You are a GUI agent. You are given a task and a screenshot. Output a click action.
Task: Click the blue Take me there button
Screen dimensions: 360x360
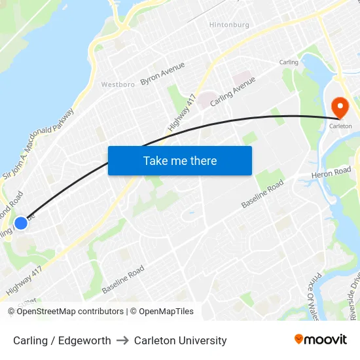tap(180, 160)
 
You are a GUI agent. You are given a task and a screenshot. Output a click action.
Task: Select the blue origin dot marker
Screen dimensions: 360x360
tap(21, 223)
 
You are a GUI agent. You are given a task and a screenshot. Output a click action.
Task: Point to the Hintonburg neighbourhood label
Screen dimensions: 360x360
tap(229, 25)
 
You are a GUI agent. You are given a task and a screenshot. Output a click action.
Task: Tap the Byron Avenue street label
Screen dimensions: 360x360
tap(162, 73)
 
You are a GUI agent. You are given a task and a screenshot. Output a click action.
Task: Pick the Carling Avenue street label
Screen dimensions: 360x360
tap(232, 92)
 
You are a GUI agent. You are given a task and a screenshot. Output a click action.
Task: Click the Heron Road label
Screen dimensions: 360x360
tap(332, 173)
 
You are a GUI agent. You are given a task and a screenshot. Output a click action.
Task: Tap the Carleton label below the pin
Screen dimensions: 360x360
tap(340, 126)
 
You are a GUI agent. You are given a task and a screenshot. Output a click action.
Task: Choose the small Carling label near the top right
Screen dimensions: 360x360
tap(289, 62)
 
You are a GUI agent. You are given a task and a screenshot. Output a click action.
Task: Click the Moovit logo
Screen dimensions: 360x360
tap(321, 339)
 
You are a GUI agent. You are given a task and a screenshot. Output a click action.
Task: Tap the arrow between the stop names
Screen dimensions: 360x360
tap(122, 340)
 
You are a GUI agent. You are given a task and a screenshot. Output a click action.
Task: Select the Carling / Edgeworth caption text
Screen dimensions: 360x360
tap(62, 340)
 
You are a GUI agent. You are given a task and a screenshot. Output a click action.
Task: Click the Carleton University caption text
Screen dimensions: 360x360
tap(180, 340)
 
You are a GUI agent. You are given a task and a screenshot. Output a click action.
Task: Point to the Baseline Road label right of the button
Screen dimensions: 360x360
tap(262, 194)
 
